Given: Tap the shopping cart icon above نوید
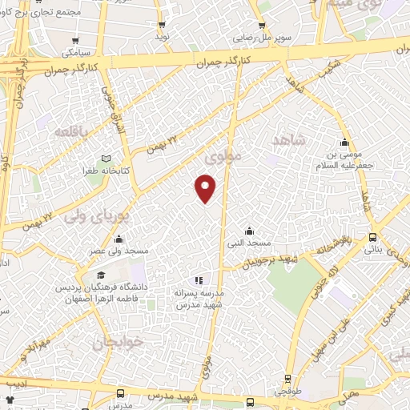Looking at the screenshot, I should (162, 25).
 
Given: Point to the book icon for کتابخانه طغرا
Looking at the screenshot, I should (103, 159).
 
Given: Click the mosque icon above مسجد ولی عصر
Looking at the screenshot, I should (119, 239).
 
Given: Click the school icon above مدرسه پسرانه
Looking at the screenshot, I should (198, 280).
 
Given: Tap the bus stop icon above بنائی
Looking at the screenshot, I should (372, 237).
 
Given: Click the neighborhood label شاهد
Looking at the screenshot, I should (288, 140).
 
